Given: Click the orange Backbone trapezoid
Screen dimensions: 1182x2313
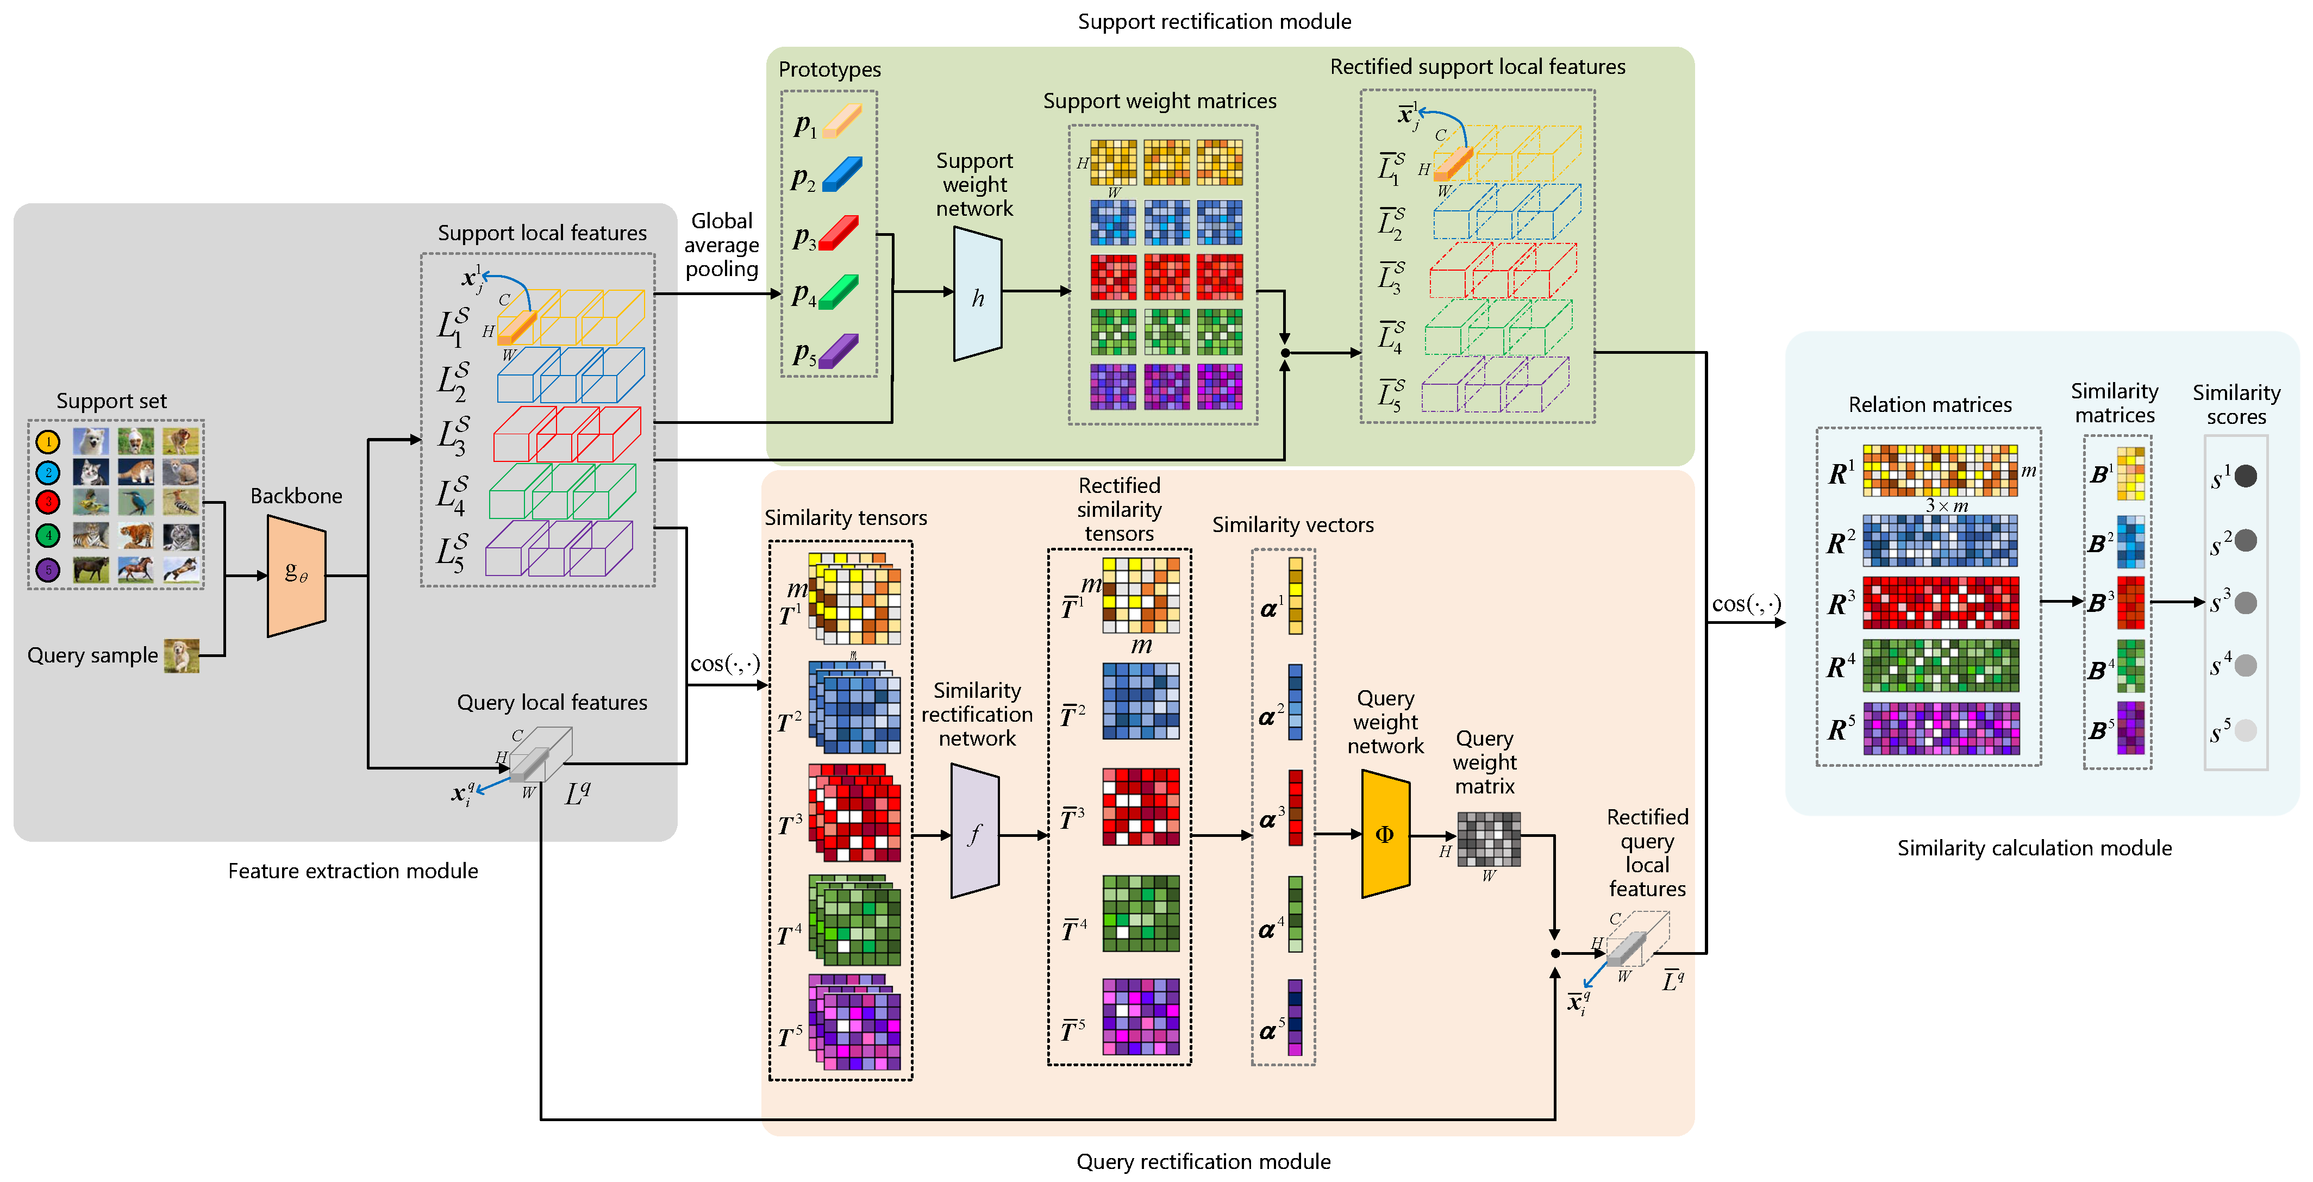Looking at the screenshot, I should (296, 576).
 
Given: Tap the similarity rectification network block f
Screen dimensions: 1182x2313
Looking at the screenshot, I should (974, 831).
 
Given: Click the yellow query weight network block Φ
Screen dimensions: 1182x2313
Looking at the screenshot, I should (1385, 834).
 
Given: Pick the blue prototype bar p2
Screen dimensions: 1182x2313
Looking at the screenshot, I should (842, 174).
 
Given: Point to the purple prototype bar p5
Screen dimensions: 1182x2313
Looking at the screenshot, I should (840, 351).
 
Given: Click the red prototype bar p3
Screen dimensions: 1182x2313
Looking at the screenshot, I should (840, 234).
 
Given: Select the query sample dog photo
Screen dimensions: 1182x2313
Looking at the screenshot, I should (182, 655).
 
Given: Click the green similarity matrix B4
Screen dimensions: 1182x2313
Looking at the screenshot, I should (2130, 666).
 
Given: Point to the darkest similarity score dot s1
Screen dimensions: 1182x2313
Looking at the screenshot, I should (2245, 476).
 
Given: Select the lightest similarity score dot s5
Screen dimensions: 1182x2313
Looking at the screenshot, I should (2245, 730).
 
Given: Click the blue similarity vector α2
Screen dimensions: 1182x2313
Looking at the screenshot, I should (1295, 702).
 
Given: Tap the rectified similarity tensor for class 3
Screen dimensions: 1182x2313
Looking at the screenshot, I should (1140, 806).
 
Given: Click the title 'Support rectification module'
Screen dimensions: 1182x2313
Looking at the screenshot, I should (1214, 22).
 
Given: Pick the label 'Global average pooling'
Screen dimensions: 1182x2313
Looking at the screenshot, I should (722, 245).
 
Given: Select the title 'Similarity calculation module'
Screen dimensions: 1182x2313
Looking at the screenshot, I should (2034, 848).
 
